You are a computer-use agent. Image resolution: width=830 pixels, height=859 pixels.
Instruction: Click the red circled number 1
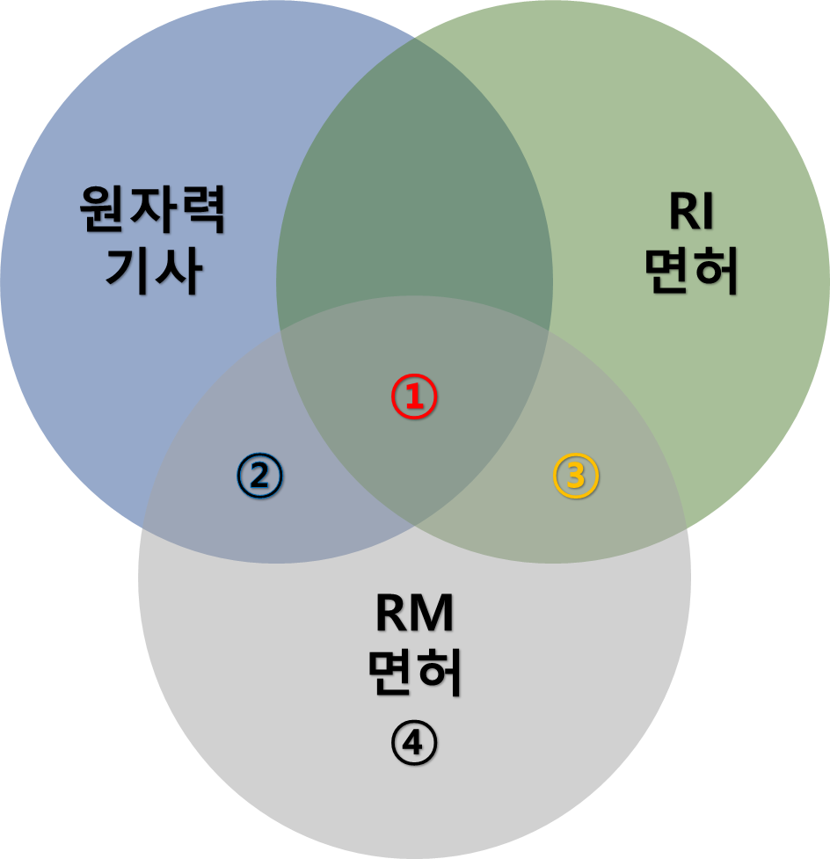(x=414, y=397)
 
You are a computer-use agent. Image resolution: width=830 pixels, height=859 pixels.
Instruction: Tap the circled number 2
(x=259, y=475)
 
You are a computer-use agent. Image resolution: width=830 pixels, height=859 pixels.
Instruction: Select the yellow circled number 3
(x=575, y=475)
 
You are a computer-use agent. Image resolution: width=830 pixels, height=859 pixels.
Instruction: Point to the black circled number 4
(x=414, y=744)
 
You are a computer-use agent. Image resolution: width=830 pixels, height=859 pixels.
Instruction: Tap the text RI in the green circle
(x=691, y=213)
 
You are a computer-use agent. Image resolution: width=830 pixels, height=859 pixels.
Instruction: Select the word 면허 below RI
(x=691, y=272)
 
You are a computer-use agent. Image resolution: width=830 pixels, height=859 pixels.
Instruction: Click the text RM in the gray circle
(x=414, y=615)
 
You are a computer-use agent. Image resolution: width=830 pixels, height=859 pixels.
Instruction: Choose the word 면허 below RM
(x=414, y=673)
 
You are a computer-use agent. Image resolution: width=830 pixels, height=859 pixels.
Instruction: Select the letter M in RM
(x=431, y=615)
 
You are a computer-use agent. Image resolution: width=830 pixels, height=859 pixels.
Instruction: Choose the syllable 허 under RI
(x=716, y=272)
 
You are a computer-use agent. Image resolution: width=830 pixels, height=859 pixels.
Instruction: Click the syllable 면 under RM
(x=390, y=673)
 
